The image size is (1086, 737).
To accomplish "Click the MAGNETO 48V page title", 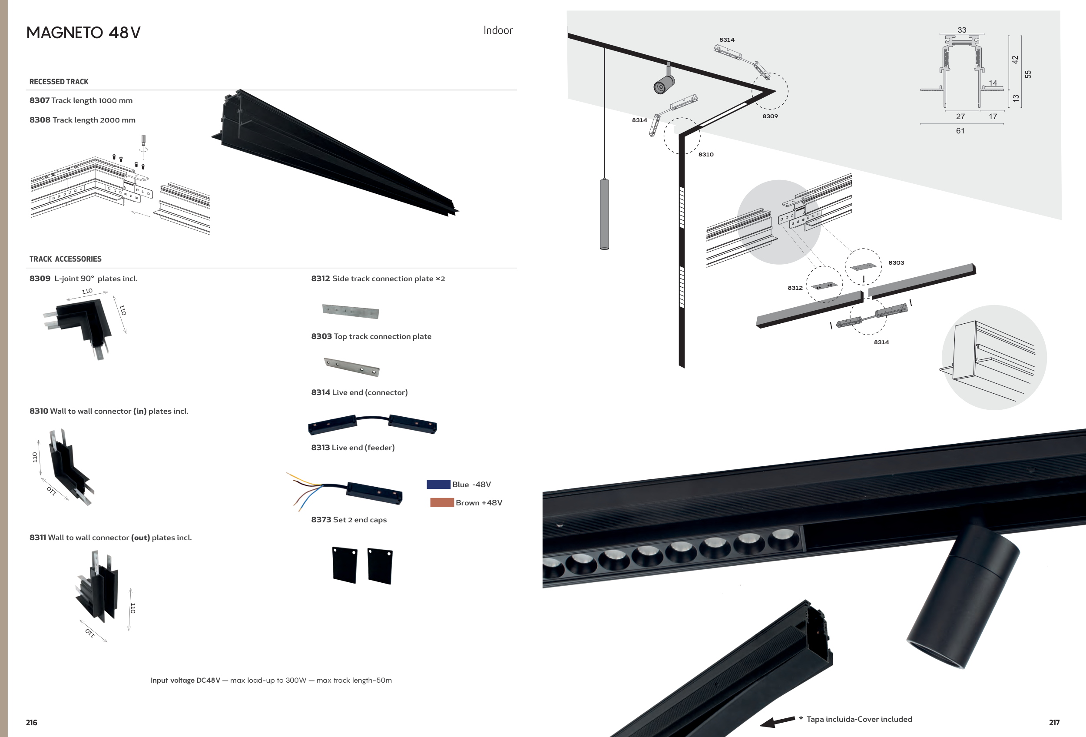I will pos(83,33).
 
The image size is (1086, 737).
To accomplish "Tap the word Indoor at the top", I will pos(498,30).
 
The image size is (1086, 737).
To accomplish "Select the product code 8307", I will pos(39,100).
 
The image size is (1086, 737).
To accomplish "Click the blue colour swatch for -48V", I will pos(438,484).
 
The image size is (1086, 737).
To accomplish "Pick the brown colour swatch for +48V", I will pos(442,502).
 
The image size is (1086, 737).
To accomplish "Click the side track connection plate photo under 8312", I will pos(351,311).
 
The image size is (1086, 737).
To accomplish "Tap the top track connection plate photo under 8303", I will pos(352,367).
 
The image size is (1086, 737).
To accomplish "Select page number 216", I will pos(31,722).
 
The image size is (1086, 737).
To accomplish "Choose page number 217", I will pos(1054,722).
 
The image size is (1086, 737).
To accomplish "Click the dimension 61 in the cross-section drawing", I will pos(960,131).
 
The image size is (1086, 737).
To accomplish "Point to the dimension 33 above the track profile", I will pos(961,30).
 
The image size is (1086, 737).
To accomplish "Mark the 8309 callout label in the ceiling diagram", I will pos(770,116).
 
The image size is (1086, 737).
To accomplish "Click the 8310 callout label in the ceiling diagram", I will pos(705,154).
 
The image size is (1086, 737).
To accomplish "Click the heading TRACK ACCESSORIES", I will pos(66,259).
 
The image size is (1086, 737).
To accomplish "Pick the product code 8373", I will pos(321,520).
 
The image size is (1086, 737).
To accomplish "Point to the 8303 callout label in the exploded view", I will pos(896,262).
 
